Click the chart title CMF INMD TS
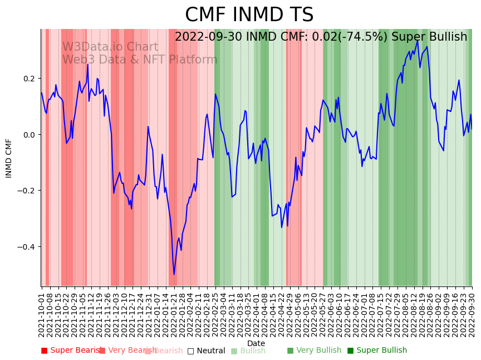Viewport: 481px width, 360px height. (x=249, y=15)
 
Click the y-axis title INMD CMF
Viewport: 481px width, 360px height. (x=9, y=158)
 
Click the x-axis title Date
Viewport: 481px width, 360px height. (x=256, y=343)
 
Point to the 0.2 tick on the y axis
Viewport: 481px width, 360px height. (x=28, y=79)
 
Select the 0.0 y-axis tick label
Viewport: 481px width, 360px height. (x=28, y=135)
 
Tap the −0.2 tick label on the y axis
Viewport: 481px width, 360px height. (x=26, y=191)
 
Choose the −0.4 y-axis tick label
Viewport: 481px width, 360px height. (x=26, y=247)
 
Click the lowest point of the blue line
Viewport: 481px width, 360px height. (x=174, y=274)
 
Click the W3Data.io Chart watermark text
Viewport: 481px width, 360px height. (x=110, y=47)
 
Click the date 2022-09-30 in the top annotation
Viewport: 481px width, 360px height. (x=208, y=37)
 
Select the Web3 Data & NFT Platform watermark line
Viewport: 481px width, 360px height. (x=140, y=60)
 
